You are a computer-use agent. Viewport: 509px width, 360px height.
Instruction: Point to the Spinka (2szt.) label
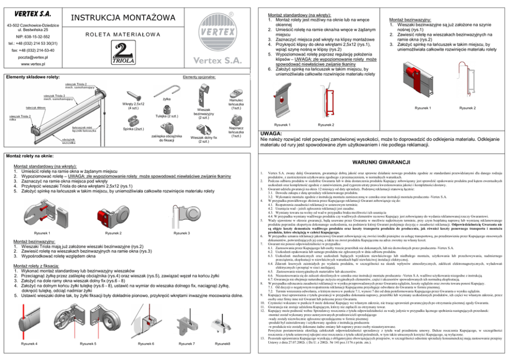click(133, 128)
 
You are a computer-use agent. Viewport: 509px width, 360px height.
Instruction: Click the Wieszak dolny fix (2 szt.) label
click(204, 139)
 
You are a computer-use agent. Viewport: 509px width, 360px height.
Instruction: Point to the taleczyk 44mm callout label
click(36, 107)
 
